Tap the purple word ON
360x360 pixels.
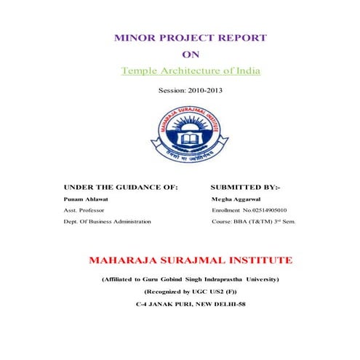point(189,54)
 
